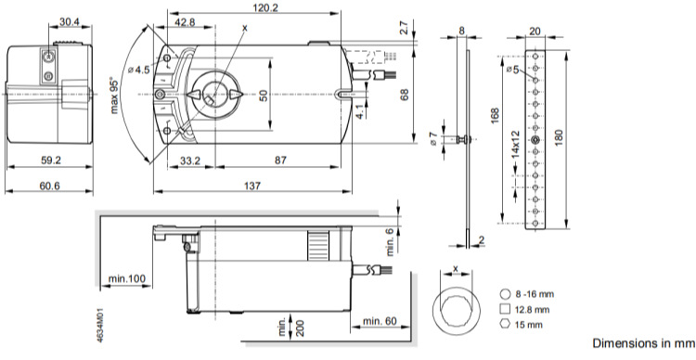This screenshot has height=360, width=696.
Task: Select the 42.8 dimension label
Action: click(185, 21)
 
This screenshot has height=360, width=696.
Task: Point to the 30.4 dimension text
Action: click(70, 21)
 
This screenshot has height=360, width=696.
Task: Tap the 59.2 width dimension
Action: click(51, 161)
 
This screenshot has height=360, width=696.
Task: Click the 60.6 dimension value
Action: click(49, 186)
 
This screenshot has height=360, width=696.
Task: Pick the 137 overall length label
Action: click(252, 186)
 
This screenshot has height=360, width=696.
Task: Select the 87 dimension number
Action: click(280, 161)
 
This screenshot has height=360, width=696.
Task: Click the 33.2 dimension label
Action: click(190, 161)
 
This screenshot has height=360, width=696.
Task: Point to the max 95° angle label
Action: click(115, 96)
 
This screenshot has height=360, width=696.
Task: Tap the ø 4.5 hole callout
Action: click(139, 70)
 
